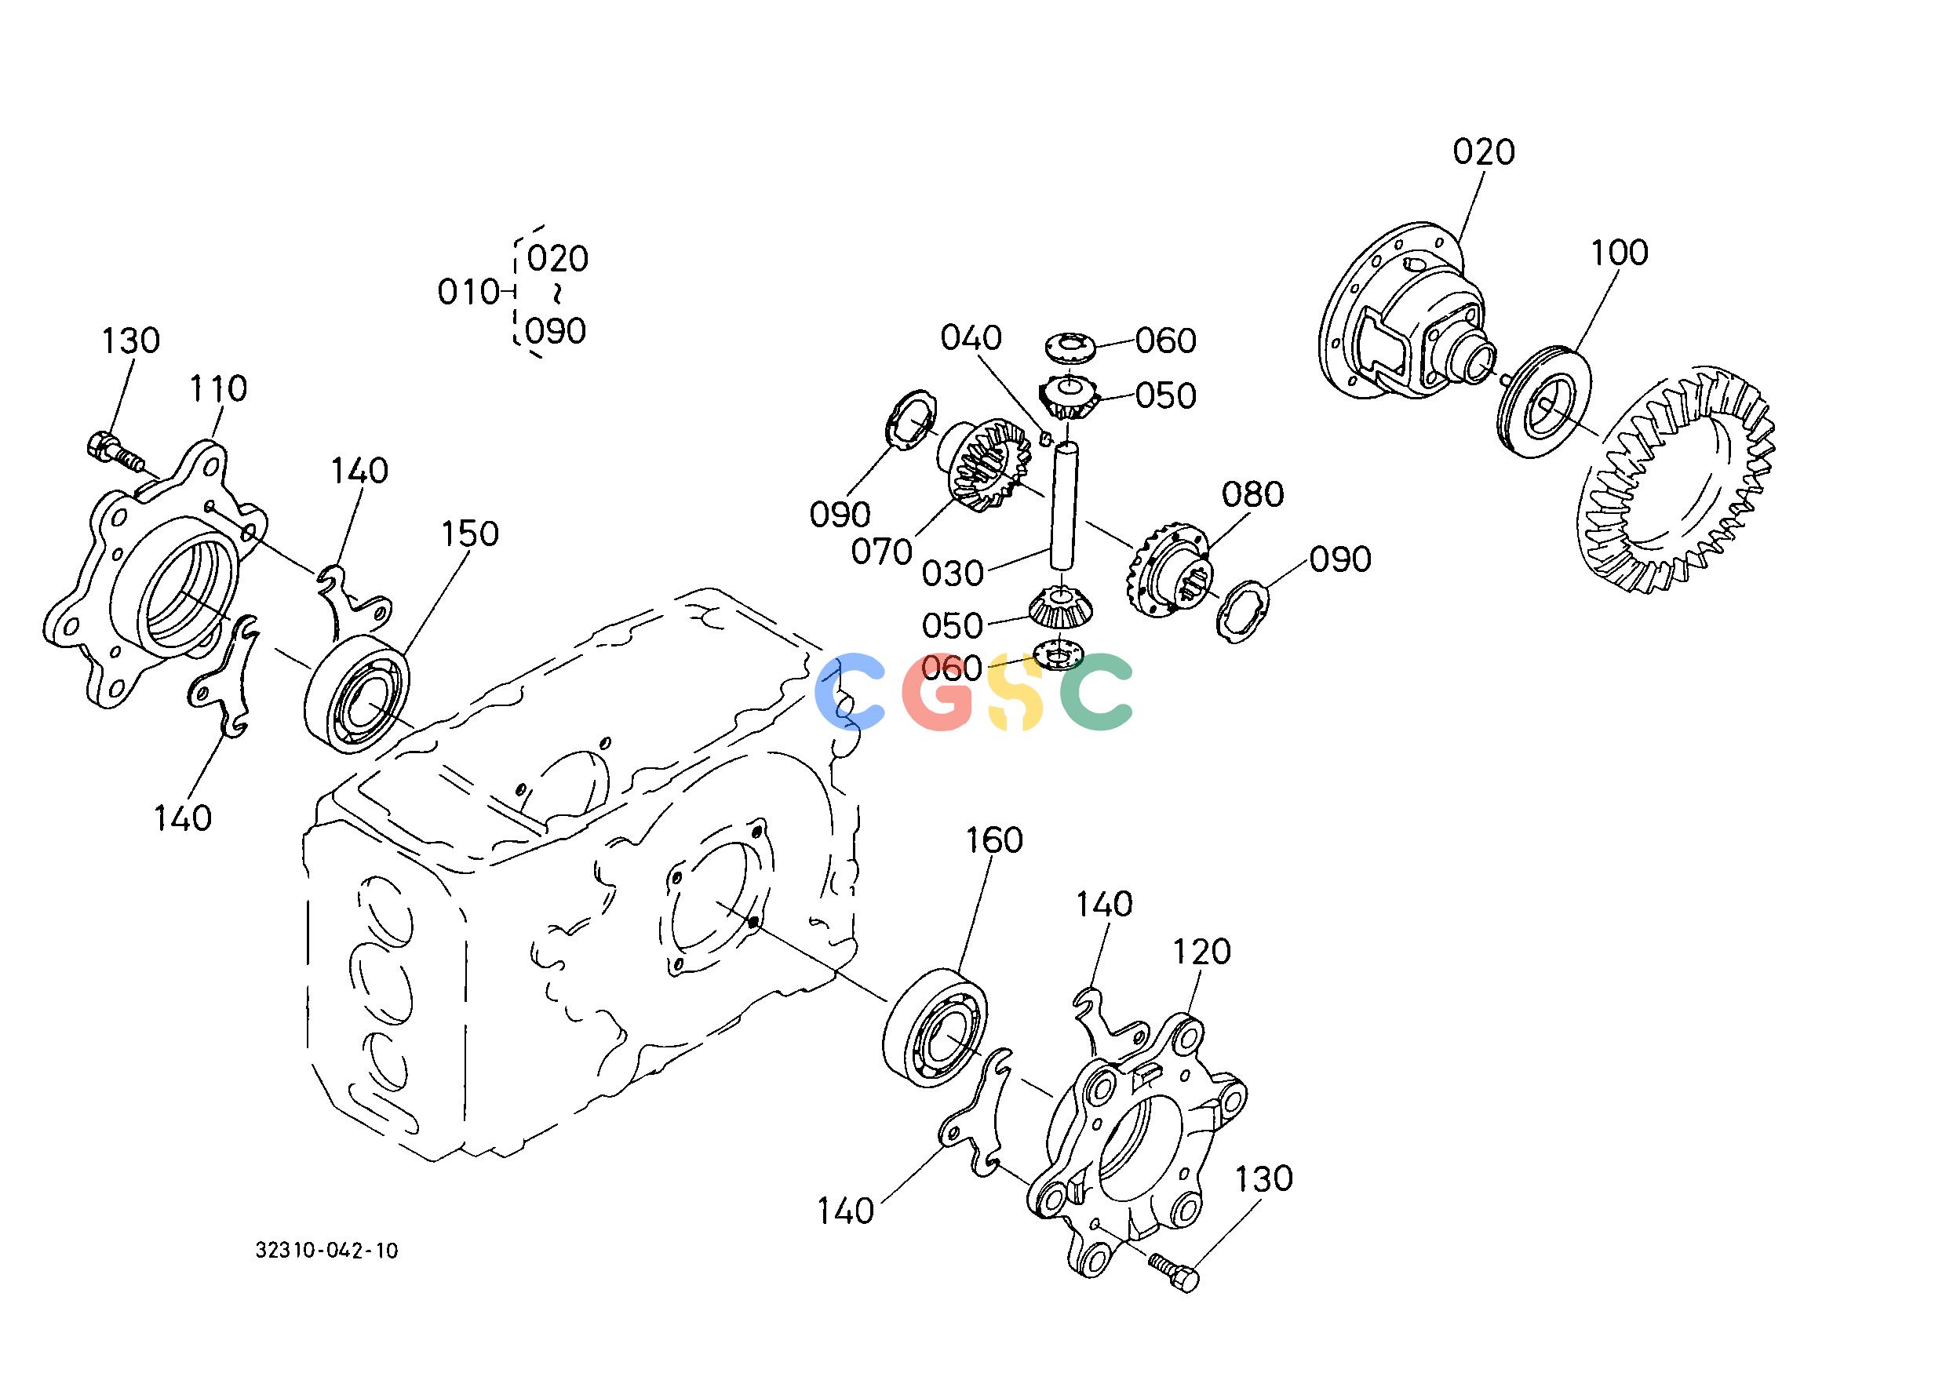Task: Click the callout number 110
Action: (x=218, y=388)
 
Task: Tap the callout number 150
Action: (x=470, y=534)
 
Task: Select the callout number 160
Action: (x=994, y=840)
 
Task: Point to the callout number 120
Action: (x=1202, y=952)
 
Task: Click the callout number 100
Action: (x=1620, y=253)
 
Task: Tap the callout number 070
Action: (x=882, y=552)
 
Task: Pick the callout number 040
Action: (x=971, y=338)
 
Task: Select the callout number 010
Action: (x=468, y=293)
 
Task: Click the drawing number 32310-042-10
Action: (x=326, y=1251)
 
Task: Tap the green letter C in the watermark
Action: (x=1096, y=691)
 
